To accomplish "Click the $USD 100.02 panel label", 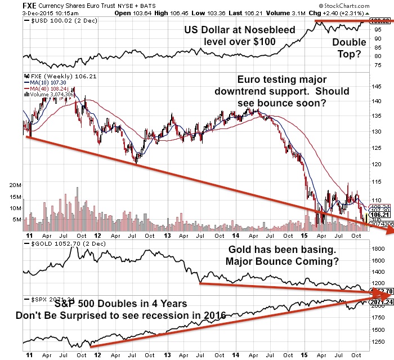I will [56, 21].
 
